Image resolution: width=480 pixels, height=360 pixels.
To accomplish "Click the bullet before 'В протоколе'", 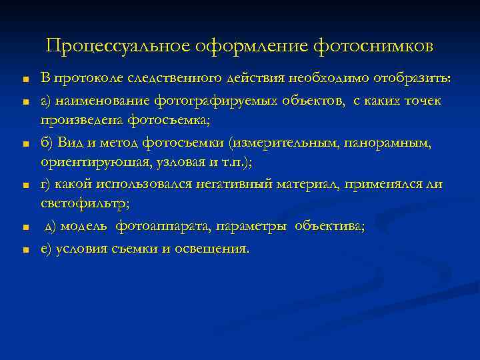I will pos(23,81).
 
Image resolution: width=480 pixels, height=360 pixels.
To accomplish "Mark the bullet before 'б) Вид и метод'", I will pos(23,145).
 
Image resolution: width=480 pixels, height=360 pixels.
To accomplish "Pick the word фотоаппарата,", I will pos(159,227).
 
